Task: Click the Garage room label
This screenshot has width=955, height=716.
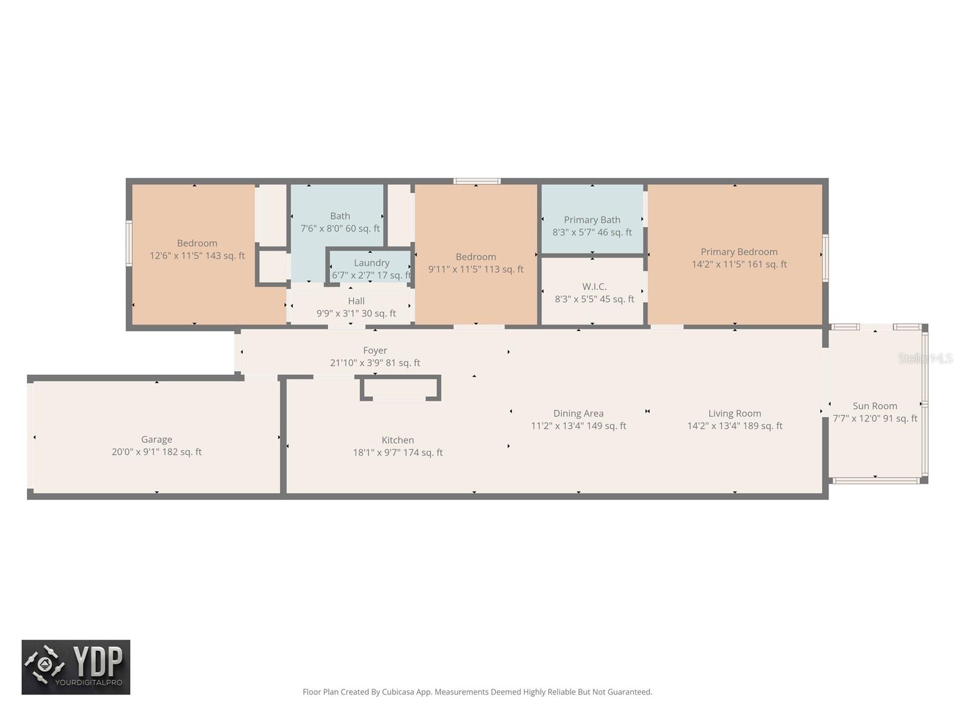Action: [x=156, y=439]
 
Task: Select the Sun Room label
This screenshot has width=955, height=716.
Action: [x=874, y=406]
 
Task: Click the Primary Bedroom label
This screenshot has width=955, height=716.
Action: [x=739, y=252]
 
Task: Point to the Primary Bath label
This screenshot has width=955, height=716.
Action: [x=592, y=220]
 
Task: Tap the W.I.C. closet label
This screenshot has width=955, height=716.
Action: [x=594, y=286]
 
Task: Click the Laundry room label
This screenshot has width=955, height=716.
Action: [x=371, y=263]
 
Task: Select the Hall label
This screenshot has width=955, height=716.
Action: [x=356, y=301]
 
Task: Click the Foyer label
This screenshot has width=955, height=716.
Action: [x=375, y=350]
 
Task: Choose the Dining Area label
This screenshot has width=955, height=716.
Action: [x=578, y=413]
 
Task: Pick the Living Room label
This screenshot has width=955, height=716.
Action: [x=734, y=413]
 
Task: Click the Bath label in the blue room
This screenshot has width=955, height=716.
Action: [x=340, y=216]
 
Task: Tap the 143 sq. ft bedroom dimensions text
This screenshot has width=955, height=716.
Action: [x=197, y=256]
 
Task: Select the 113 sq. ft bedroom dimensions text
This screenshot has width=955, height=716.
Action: [x=475, y=270]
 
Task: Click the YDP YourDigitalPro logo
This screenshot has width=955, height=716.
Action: [x=76, y=667]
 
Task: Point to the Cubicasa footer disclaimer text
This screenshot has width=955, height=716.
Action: [x=477, y=692]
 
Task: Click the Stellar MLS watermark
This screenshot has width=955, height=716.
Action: [x=925, y=358]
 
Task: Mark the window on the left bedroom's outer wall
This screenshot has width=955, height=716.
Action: [x=129, y=243]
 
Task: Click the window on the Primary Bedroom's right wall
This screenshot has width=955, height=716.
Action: [x=825, y=258]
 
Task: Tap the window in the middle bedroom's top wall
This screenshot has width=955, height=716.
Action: [x=476, y=181]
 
